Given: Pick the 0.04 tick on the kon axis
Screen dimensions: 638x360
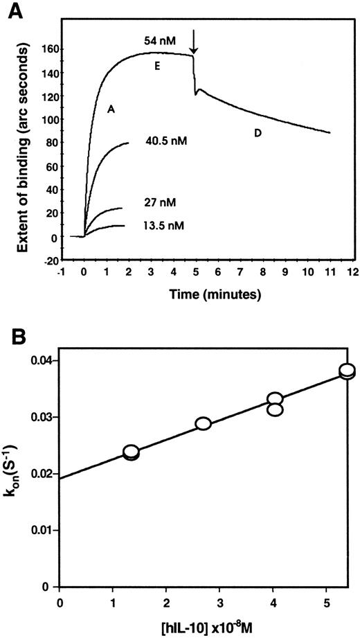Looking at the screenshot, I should tap(42, 360).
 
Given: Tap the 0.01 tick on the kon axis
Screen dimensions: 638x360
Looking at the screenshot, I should tap(42, 530).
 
